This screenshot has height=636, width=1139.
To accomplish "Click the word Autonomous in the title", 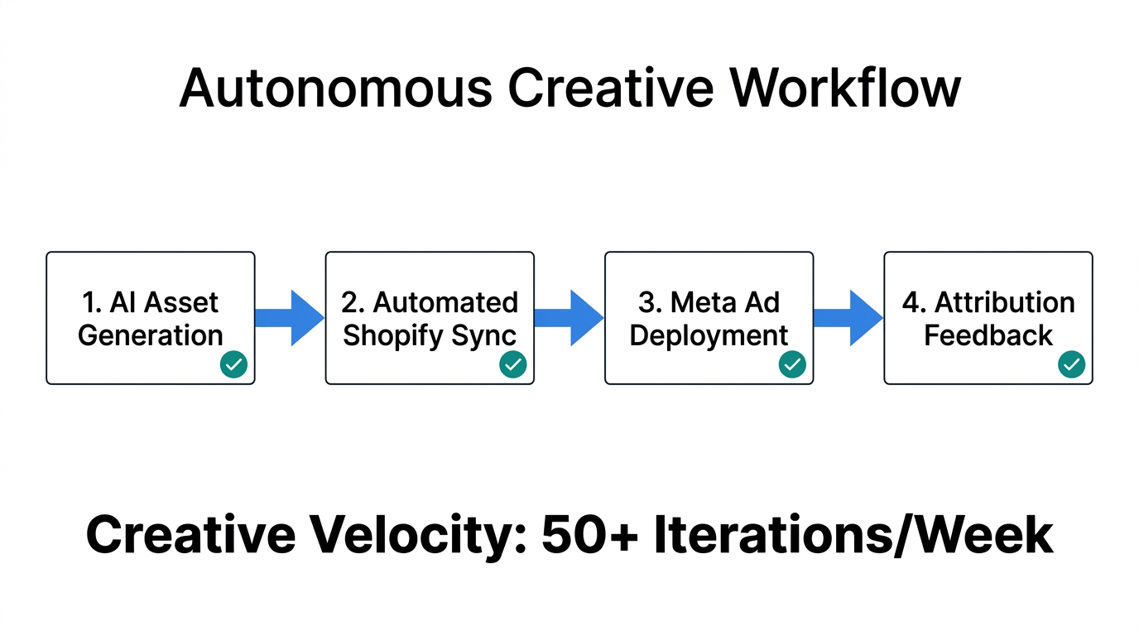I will [335, 87].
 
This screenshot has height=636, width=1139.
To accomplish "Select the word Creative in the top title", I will [611, 87].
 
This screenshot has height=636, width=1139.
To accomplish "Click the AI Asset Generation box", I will [150, 318].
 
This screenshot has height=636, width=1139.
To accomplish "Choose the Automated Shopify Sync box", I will [430, 318].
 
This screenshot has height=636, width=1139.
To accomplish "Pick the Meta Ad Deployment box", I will [709, 318].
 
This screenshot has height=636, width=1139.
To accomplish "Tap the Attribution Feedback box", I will [988, 318].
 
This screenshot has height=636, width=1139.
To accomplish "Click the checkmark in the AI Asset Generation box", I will [233, 364].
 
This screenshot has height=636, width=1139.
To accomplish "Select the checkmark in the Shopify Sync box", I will [513, 364].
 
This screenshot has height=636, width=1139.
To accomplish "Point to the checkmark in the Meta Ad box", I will [792, 364].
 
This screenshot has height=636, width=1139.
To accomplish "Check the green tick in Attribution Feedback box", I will [1072, 364].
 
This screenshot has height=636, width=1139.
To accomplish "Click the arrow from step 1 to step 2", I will [290, 318].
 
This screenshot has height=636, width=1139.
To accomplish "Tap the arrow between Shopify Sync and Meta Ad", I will [569, 318].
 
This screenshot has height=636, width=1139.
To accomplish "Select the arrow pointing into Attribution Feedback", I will [848, 318].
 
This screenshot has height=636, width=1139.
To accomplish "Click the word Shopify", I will [383, 335].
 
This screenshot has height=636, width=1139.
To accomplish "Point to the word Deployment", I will [709, 335].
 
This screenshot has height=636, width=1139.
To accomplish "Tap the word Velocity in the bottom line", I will [421, 536].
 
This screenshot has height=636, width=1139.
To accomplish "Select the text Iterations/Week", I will [853, 536].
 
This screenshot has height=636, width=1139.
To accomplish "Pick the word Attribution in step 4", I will [1005, 302].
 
